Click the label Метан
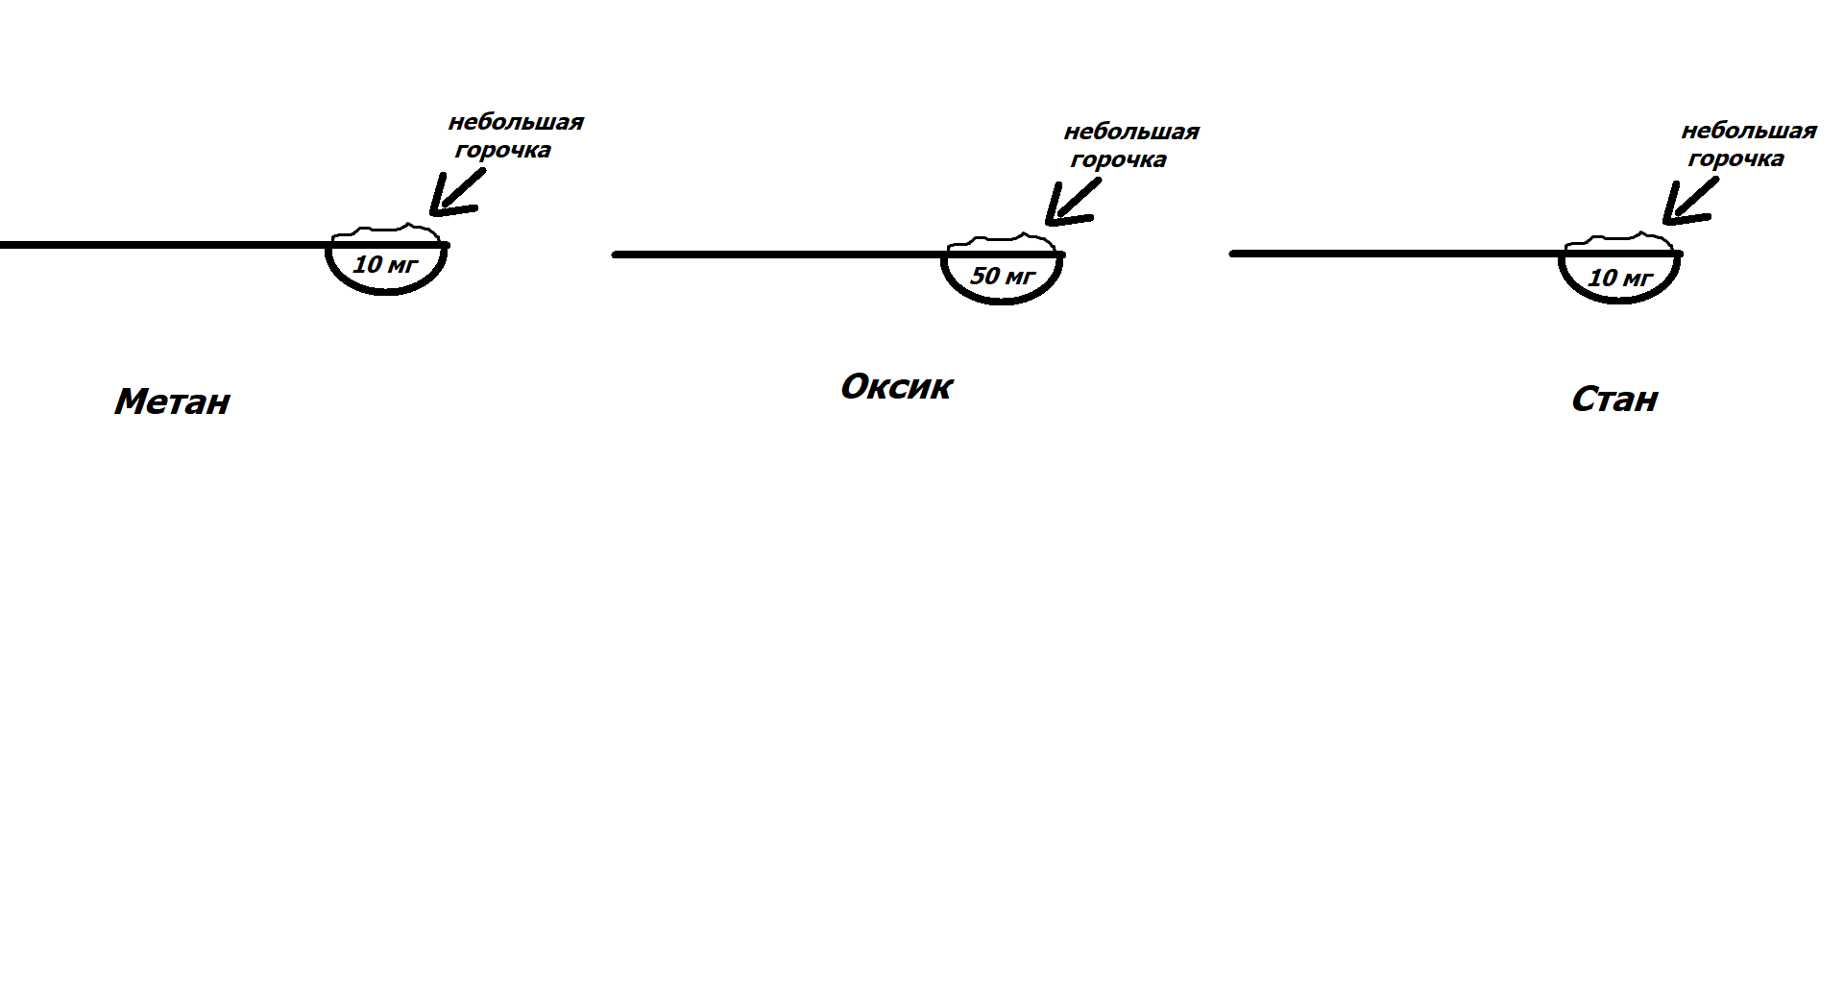pos(172,401)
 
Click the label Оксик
pos(896,387)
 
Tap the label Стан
pos(1614,400)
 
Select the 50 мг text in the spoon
pos(1003,277)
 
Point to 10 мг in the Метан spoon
pos(385,264)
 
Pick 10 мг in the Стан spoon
pos(1619,279)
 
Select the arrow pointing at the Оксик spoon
pos(1069,205)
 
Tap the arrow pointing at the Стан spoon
pos(1686,204)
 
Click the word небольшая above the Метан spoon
pos(516,123)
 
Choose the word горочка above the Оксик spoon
pos(1118,159)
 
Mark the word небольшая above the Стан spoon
pos(1749,131)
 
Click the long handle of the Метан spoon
pos(163,245)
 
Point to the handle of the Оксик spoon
pos(778,255)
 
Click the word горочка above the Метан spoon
pos(502,151)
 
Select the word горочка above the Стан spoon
pos(1735,158)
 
